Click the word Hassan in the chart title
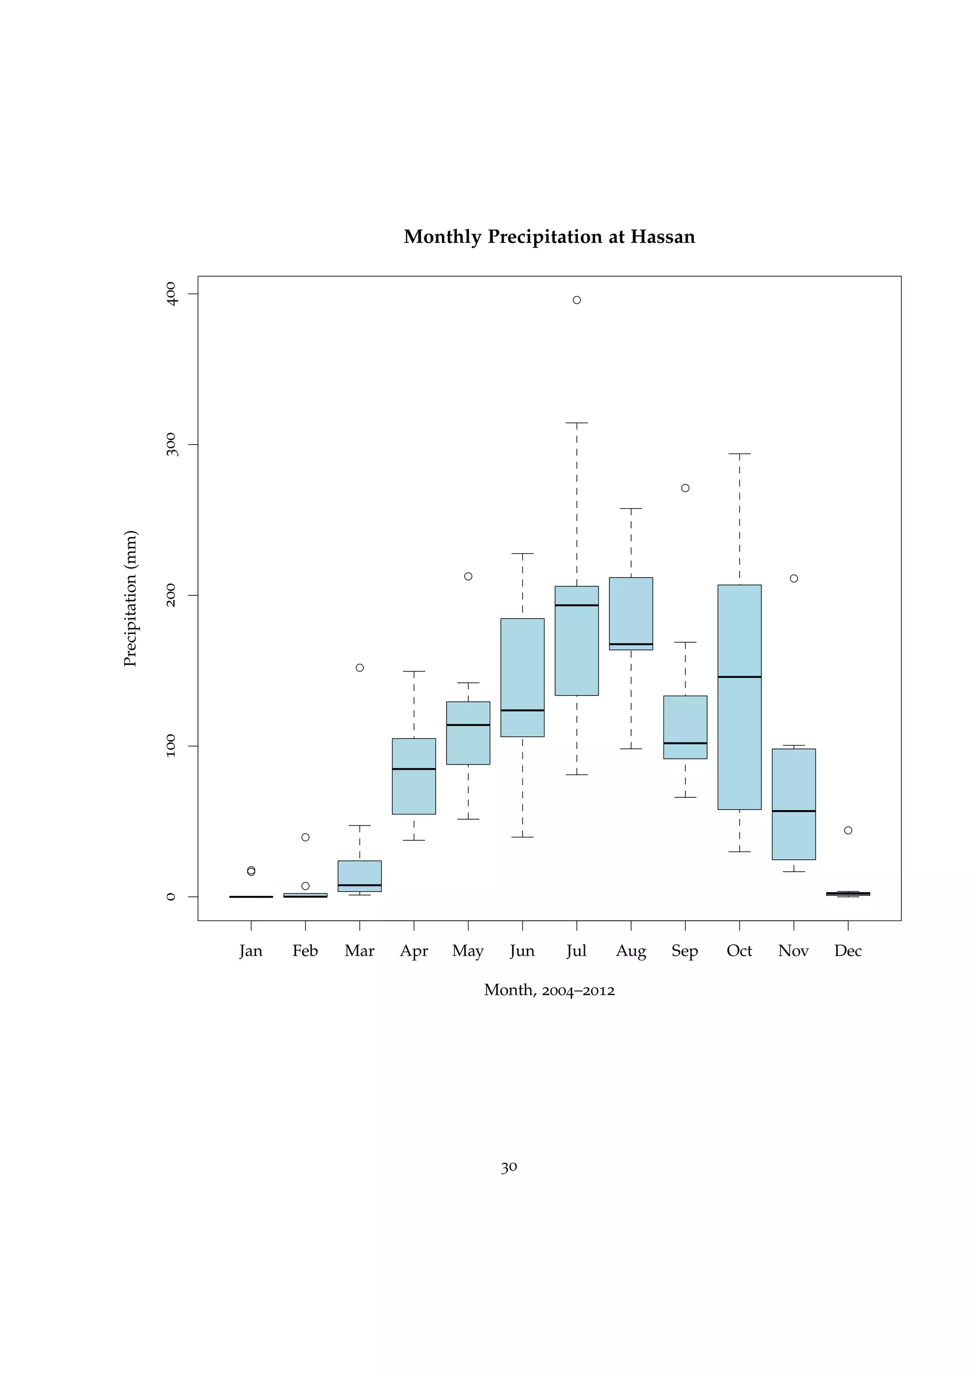[662, 237]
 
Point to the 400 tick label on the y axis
[171, 294]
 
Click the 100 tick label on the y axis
[171, 746]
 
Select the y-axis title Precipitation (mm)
[130, 599]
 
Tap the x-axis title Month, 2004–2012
[549, 989]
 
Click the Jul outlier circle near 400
[576, 300]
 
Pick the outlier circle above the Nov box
[793, 578]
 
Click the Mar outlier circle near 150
[359, 668]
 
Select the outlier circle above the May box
[468, 576]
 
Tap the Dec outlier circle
[847, 830]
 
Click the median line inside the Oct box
[739, 677]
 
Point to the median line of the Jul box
[576, 605]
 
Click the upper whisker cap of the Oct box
[739, 454]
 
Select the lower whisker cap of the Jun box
[522, 837]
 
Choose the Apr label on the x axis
[414, 951]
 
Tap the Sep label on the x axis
[684, 951]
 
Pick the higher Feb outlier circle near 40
[305, 837]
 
